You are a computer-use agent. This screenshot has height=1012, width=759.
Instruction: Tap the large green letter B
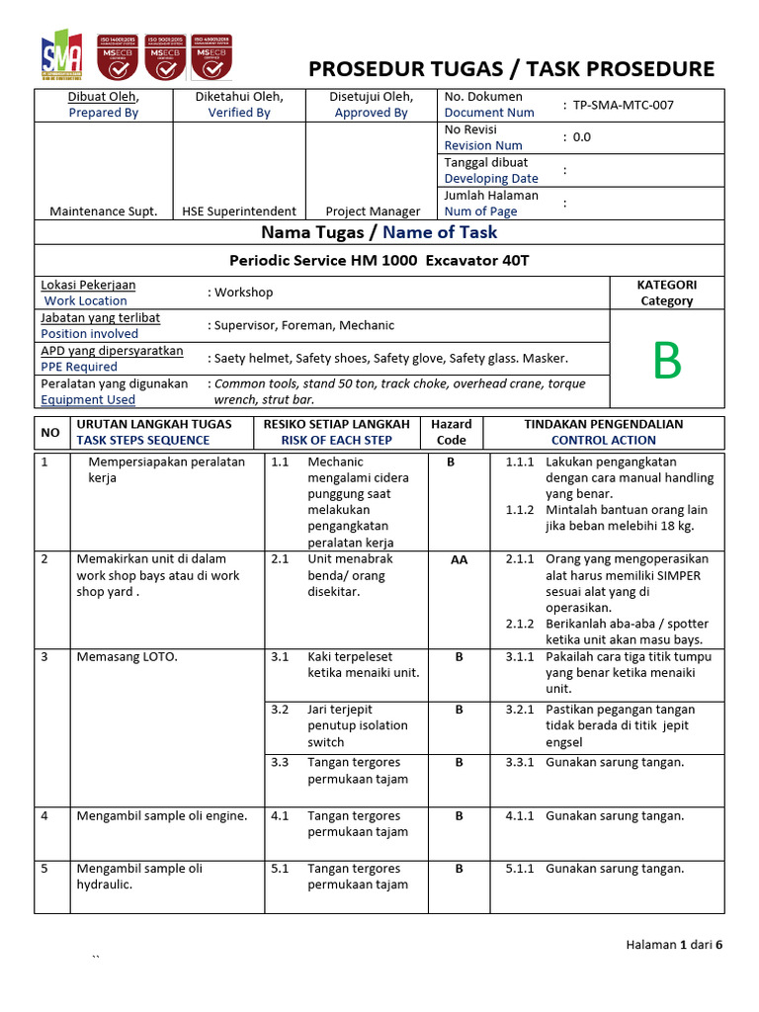(667, 363)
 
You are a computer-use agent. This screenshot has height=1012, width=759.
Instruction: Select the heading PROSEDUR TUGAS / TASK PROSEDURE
(511, 68)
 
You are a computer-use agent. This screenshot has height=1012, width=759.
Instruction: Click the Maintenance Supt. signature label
(103, 211)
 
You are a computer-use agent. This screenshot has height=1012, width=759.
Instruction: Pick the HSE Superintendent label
(239, 211)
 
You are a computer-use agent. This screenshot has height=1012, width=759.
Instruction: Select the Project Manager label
(373, 211)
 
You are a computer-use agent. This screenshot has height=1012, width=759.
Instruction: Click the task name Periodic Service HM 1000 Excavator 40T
(380, 261)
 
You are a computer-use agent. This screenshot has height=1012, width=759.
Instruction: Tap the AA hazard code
(459, 559)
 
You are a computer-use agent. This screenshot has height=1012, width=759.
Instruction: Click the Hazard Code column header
(452, 432)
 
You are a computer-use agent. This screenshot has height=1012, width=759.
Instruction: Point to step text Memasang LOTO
(127, 656)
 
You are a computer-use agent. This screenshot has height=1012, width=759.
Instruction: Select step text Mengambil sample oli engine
(162, 816)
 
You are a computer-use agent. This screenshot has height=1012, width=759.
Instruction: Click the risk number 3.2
(280, 710)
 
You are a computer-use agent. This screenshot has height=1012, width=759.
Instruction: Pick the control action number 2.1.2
(520, 624)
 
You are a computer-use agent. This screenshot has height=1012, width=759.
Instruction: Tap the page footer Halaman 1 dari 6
(674, 945)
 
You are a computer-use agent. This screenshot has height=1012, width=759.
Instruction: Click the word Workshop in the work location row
(244, 293)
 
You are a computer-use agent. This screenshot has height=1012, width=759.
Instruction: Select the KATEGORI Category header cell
(667, 293)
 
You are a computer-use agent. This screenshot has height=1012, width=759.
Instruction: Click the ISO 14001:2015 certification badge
(115, 56)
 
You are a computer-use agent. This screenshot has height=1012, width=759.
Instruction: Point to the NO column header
(49, 433)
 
